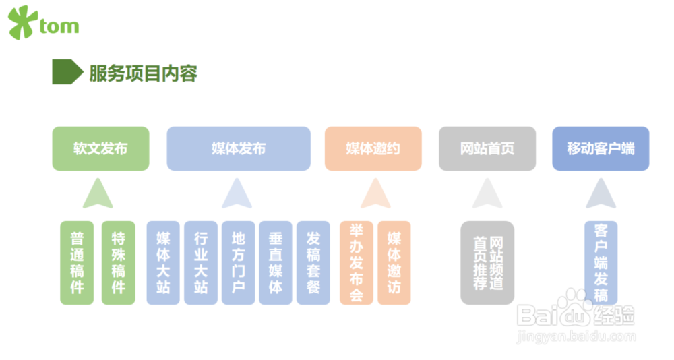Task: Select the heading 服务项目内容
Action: tap(143, 73)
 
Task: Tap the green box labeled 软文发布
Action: tap(100, 148)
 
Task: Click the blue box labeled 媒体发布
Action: tap(239, 148)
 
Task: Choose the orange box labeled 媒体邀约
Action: tap(373, 148)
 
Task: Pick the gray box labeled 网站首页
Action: tap(487, 148)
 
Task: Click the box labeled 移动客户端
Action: tap(601, 148)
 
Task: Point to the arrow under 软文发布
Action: tap(98, 194)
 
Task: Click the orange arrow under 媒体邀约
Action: tap(375, 194)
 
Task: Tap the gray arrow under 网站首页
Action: tap(487, 194)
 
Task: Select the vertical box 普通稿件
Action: tap(77, 263)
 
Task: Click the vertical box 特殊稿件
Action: tap(119, 263)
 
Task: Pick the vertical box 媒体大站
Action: tap(163, 263)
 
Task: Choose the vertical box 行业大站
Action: tap(201, 263)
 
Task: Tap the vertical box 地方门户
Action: tap(239, 263)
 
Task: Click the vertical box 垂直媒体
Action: tap(276, 263)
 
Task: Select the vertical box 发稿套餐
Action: tap(313, 263)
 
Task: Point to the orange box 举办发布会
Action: tap(357, 263)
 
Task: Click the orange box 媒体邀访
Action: tap(394, 263)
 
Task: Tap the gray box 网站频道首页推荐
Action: tap(487, 263)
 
